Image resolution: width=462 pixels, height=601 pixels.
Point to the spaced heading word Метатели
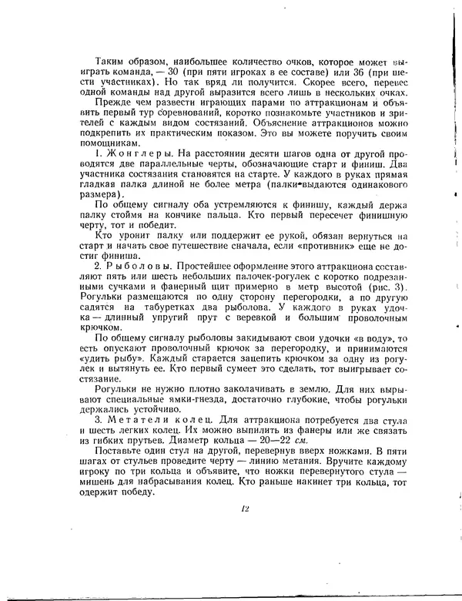point(136,419)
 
